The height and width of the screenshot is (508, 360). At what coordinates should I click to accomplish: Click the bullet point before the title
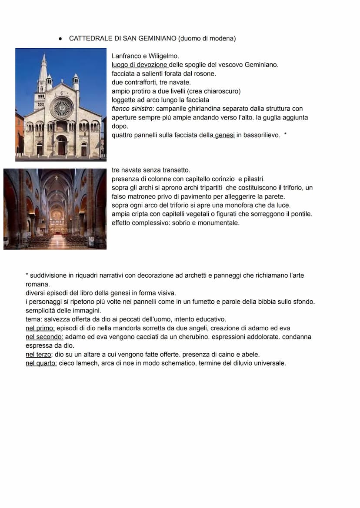coord(60,39)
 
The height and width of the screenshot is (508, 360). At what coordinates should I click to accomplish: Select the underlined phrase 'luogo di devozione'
coord(139,65)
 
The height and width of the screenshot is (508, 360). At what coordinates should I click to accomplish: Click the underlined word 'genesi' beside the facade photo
coord(225,135)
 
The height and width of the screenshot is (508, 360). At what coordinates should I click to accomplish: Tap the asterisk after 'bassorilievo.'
coord(285,135)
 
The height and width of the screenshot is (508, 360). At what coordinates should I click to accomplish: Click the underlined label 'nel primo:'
coord(40,328)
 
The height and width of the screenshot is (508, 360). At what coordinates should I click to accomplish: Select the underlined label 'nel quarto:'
coord(41,363)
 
